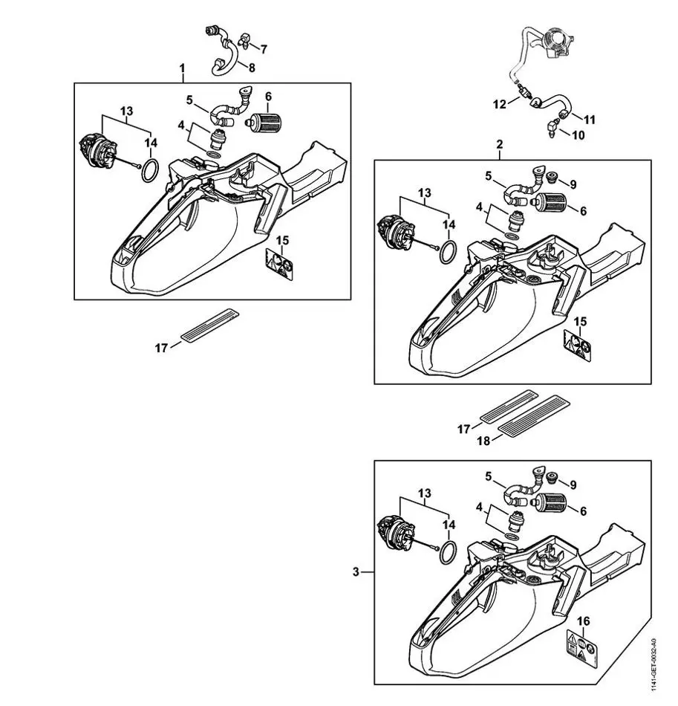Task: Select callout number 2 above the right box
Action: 499,144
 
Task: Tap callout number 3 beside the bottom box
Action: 356,571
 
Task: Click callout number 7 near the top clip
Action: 264,49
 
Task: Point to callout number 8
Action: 252,68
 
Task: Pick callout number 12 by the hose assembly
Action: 500,103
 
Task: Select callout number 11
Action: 589,119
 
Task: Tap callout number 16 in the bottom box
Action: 584,621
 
